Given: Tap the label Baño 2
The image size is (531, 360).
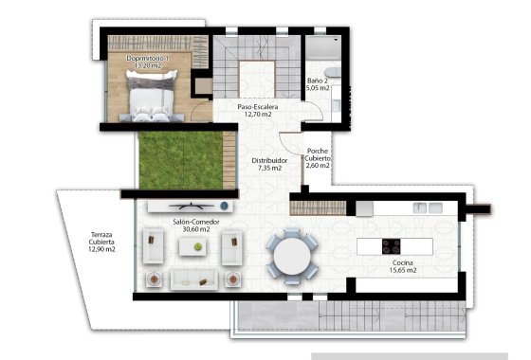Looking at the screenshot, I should point(318,82).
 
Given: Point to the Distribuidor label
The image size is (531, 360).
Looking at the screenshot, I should point(269,161).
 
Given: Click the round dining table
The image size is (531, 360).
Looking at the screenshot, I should point(291,253).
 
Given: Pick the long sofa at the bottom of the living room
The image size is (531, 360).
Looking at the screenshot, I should point(192,278).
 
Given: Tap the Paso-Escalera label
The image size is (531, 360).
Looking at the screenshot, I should point(257,109).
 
